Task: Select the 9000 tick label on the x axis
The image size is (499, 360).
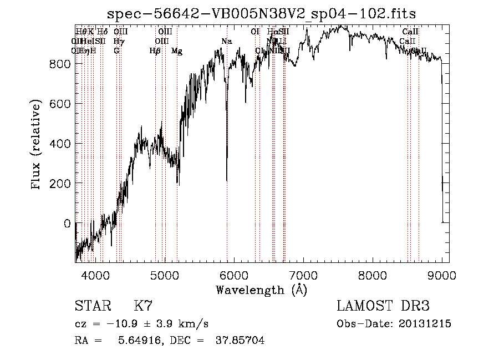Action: pyautogui.click(x=442, y=274)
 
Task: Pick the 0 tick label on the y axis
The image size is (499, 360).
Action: pyautogui.click(x=67, y=224)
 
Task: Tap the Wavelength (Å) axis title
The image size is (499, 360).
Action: pyautogui.click(x=261, y=290)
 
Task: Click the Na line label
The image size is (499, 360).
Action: pyautogui.click(x=226, y=42)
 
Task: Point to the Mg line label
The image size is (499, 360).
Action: pyautogui.click(x=176, y=51)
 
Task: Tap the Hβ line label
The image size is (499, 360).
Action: pyautogui.click(x=155, y=51)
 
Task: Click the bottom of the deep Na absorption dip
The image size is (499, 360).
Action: pyautogui.click(x=227, y=180)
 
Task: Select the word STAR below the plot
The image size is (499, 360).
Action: pyautogui.click(x=93, y=307)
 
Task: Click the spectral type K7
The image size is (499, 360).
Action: pyautogui.click(x=143, y=307)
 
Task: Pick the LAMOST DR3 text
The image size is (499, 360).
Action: pyautogui.click(x=383, y=307)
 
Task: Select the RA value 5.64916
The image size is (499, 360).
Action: pyautogui.click(x=136, y=341)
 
